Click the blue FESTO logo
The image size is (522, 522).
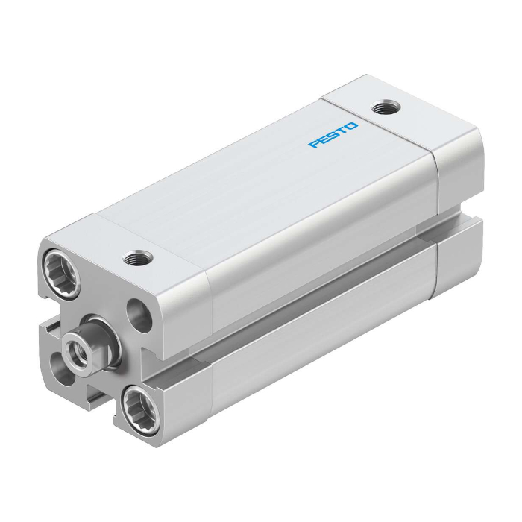pyautogui.click(x=333, y=135)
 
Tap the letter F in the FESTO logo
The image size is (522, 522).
pyautogui.click(x=314, y=144)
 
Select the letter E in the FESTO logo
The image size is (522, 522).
pyautogui.click(x=324, y=139)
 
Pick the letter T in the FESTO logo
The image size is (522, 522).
pyautogui.click(x=342, y=130)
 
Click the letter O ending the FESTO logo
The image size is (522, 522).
pyautogui.click(x=351, y=127)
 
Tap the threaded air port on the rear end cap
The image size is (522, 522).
pyautogui.click(x=386, y=107)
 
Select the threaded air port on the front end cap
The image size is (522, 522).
pyautogui.click(x=138, y=259)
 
